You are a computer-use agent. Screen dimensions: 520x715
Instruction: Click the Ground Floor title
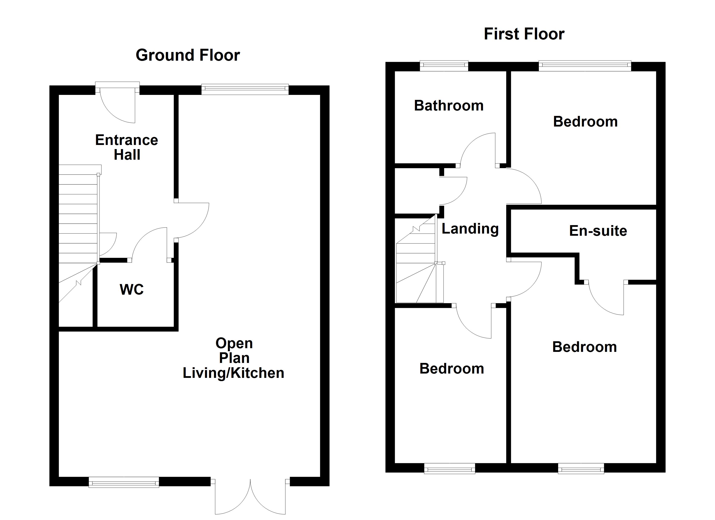188,55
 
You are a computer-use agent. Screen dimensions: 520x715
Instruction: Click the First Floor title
524,34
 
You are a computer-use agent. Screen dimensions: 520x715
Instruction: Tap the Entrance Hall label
127,147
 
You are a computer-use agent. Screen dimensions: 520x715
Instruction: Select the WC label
132,289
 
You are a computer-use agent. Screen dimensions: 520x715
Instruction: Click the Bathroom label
449,106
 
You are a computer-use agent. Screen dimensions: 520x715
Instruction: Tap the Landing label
470,229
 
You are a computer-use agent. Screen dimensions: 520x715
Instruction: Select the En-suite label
598,231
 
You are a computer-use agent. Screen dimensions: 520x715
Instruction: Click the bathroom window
444,66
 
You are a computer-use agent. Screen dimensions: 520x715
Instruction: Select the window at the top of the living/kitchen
245,89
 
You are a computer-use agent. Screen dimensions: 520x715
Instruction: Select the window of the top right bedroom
585,66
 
